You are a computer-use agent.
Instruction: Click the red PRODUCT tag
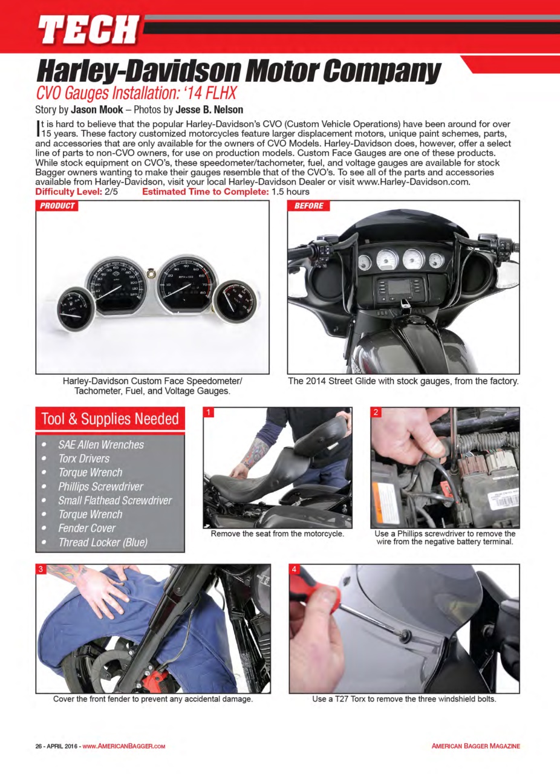click(x=57, y=206)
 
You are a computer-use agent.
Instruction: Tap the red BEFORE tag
click(x=308, y=206)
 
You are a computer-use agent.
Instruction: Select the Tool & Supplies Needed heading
click(x=109, y=418)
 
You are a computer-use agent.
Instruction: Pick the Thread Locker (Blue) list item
click(x=102, y=542)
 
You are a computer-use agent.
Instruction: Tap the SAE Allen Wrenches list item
click(x=100, y=444)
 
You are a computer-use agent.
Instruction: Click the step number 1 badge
click(x=209, y=413)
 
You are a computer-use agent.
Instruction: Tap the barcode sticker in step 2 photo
click(x=500, y=499)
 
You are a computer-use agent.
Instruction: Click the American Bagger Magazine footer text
click(x=475, y=746)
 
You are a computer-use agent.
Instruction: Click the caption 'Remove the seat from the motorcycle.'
click(x=277, y=534)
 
